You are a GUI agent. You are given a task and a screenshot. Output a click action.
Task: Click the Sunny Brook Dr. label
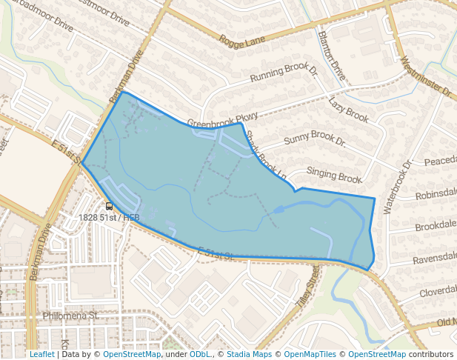point(315,139)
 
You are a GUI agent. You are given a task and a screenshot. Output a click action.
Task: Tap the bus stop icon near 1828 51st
point(109,207)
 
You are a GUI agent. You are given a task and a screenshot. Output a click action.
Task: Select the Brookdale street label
point(436,226)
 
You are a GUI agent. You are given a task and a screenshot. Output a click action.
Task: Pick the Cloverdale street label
point(438,292)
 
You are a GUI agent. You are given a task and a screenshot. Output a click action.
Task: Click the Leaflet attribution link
point(42,354)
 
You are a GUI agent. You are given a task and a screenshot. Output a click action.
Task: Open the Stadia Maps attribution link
point(249,354)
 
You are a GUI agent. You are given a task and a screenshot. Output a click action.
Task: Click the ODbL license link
point(199,354)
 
